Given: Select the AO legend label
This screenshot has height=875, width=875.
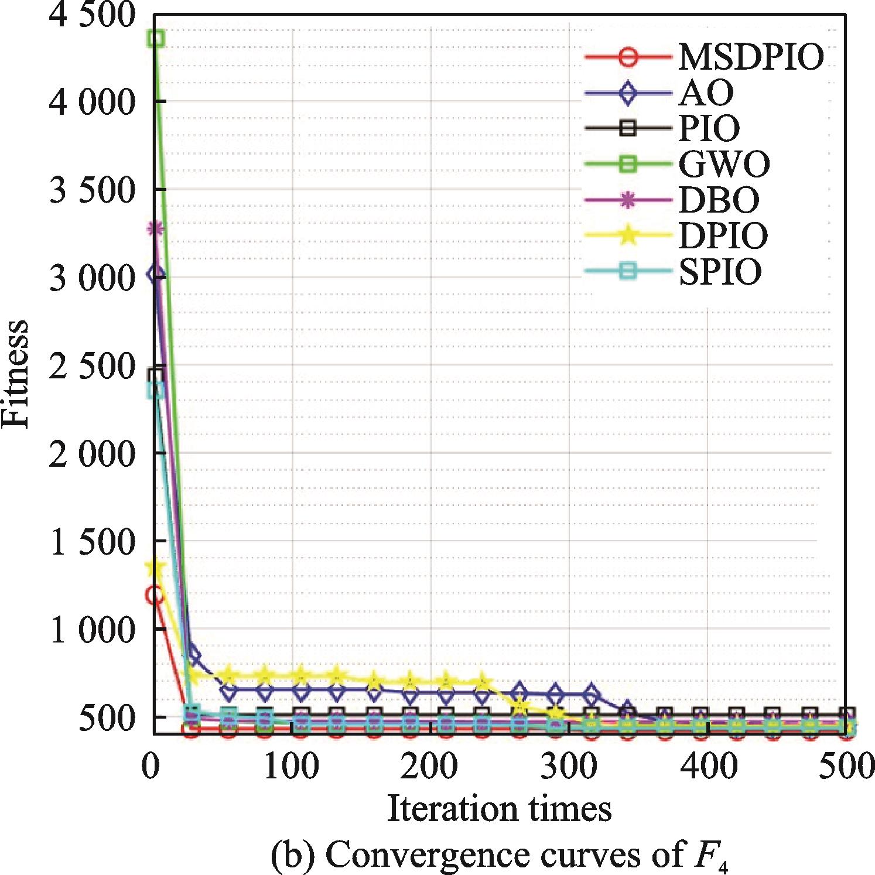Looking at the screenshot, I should tap(705, 93).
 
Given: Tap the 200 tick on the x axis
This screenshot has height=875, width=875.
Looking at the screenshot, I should tap(429, 766).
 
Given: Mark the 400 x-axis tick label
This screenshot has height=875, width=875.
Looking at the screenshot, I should tap(708, 766).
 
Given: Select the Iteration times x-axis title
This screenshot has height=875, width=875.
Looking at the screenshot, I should tap(499, 809).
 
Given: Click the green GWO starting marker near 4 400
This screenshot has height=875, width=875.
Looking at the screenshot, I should tap(155, 39).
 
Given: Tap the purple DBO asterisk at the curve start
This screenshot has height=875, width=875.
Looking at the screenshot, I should tap(155, 228).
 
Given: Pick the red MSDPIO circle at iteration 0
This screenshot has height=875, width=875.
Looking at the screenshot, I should tap(154, 596).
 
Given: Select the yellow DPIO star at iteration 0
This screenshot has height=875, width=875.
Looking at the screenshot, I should tap(155, 567).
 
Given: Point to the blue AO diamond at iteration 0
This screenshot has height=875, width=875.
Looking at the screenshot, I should tap(155, 274).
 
